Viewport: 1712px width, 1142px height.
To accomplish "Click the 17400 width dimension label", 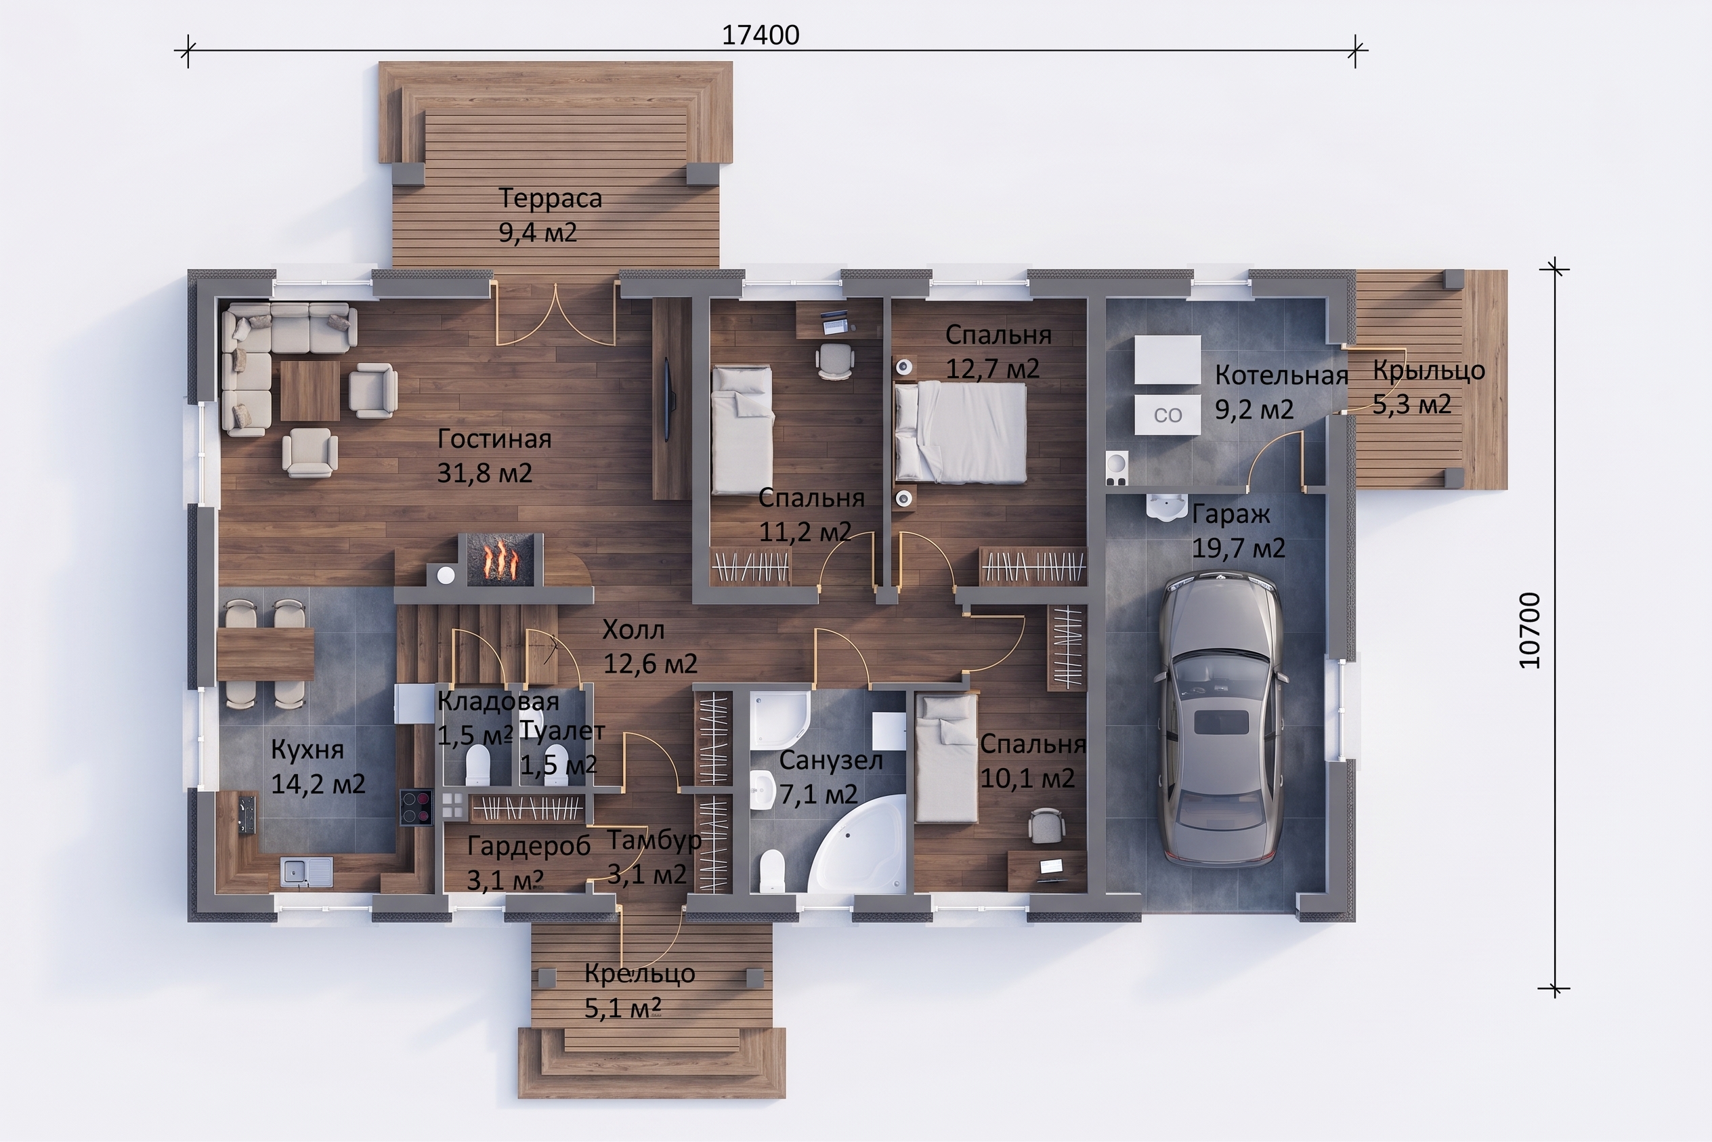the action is (x=761, y=35).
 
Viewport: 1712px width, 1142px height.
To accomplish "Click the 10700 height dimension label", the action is (x=1530, y=630).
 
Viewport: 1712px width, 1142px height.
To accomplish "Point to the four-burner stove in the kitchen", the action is (x=416, y=807).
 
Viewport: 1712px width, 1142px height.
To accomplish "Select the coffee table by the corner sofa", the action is (x=309, y=391).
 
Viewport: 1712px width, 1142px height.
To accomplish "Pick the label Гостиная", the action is (x=494, y=439).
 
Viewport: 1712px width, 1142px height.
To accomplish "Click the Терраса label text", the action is (x=550, y=198).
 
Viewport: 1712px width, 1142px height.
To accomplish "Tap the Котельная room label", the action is (x=1282, y=376).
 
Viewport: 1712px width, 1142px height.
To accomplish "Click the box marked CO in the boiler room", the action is (x=1168, y=415).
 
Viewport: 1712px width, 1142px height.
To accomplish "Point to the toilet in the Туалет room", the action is (x=555, y=764).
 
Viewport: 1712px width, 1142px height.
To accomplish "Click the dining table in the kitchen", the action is (x=265, y=654).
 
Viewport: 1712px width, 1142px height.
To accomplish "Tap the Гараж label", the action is (x=1230, y=514).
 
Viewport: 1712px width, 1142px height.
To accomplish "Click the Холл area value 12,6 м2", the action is (x=650, y=664).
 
